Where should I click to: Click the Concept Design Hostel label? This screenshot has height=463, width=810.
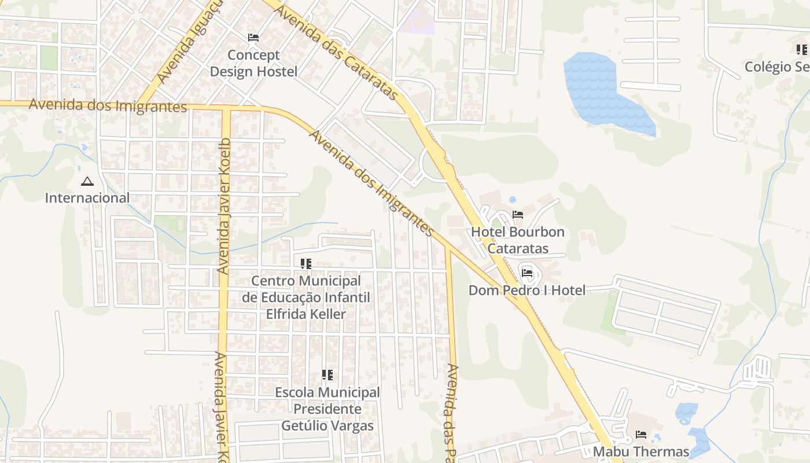click(253, 63)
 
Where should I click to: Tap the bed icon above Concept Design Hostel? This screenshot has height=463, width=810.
click(253, 38)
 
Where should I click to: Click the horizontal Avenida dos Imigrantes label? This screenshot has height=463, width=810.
click(108, 105)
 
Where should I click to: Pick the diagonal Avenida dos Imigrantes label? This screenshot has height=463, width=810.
click(371, 183)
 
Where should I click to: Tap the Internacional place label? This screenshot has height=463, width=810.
click(87, 198)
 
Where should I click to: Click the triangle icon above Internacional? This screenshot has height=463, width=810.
click(87, 182)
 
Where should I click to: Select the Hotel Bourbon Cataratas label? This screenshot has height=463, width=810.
click(517, 240)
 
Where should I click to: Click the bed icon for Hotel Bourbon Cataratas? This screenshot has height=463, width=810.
click(518, 215)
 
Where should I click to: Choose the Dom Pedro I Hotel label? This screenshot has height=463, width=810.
click(526, 290)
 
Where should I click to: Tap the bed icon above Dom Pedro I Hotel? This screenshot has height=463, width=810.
click(527, 273)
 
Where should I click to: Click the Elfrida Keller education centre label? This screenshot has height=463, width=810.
click(305, 297)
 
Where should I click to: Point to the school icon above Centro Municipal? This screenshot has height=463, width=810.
click(306, 264)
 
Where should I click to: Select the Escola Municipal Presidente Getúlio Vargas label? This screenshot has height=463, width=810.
click(327, 409)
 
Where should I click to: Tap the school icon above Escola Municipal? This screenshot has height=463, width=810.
click(327, 375)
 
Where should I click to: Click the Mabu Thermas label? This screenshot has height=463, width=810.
click(641, 451)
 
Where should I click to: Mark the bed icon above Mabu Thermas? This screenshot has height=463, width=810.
click(641, 434)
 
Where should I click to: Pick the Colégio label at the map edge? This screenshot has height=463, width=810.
click(776, 67)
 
